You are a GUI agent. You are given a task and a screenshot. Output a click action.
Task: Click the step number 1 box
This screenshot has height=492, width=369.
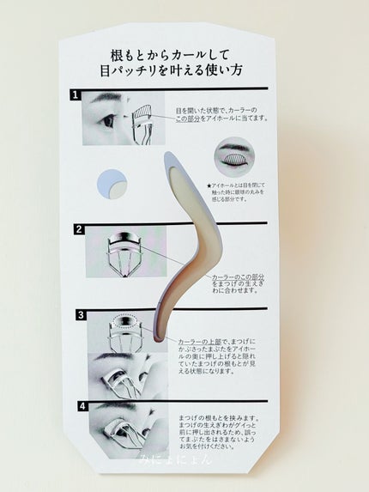point(78,95)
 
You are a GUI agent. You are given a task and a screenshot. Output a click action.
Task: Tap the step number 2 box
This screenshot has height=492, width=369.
point(79,229)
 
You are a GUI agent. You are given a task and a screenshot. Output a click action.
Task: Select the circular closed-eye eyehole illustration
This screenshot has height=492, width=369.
point(232,159)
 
